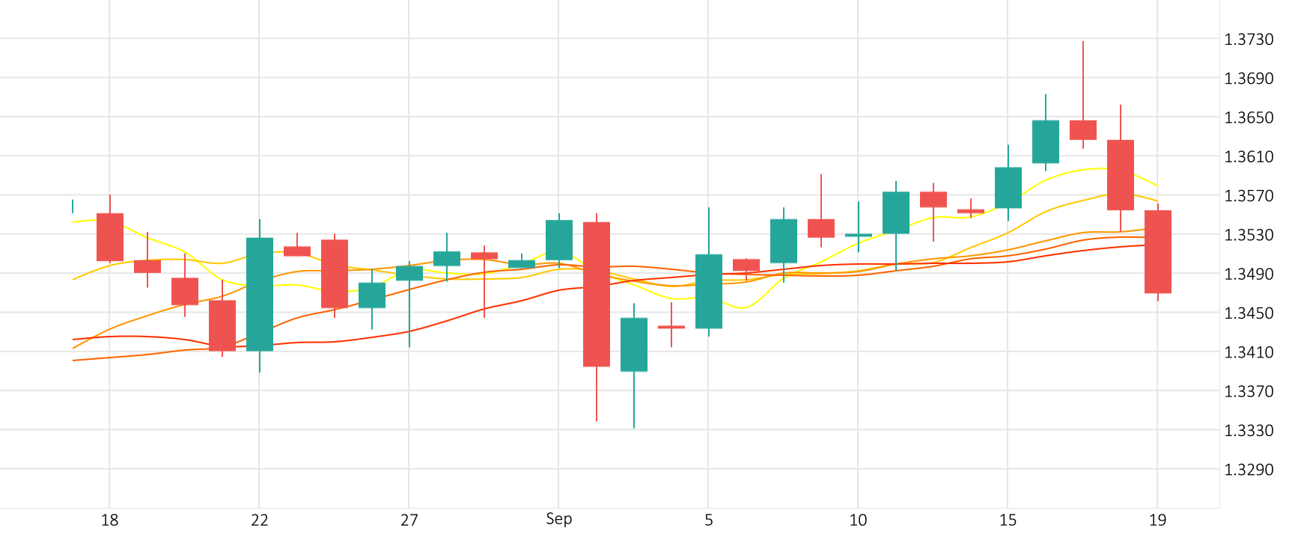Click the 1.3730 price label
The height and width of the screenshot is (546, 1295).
point(1248,40)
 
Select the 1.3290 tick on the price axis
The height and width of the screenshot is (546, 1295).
point(1248,470)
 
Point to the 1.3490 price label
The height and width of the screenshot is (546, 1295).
point(1248,274)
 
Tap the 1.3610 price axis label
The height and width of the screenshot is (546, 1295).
point(1248,157)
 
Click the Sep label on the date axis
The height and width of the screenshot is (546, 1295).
point(558,519)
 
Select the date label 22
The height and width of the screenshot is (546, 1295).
point(259,521)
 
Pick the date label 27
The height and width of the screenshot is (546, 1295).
point(409,521)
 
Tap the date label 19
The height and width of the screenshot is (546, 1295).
point(1157,521)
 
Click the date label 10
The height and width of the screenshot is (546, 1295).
point(858,521)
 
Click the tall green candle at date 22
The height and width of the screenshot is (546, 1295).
point(260,294)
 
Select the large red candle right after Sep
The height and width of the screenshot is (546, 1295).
point(597,294)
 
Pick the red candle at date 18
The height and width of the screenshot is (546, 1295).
point(110,237)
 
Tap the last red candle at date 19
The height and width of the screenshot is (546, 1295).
point(1158,251)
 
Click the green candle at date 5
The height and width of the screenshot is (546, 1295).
point(709,291)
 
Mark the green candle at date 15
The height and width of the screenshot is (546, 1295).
point(1008,188)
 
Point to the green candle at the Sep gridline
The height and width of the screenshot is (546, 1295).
point(559,240)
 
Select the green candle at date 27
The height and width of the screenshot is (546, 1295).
point(409,273)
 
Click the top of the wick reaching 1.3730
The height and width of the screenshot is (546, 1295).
point(1083,42)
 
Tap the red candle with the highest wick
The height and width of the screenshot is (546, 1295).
point(1083,129)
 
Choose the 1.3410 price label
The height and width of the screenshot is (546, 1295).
point(1248,352)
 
